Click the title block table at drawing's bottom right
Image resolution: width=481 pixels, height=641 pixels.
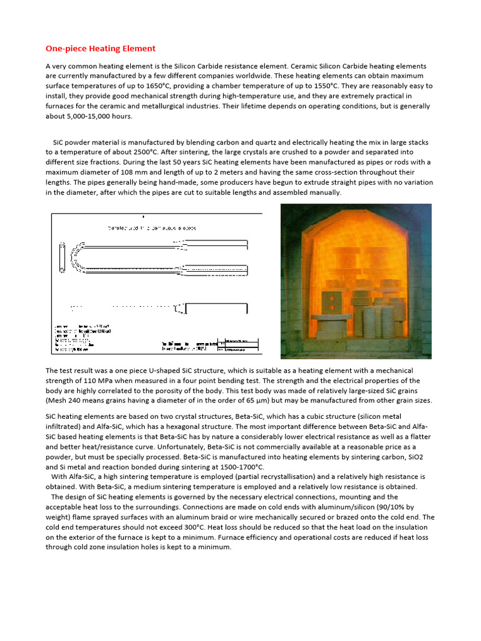coord(240,345)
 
